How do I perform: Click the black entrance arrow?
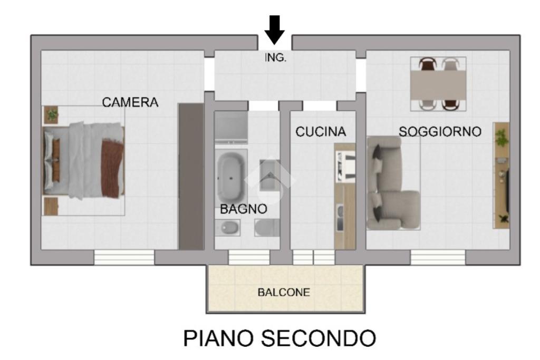tap(274, 30)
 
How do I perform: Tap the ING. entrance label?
tap(275, 57)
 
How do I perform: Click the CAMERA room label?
tap(130, 102)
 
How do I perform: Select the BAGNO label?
tap(244, 209)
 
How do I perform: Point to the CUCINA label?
tap(321, 131)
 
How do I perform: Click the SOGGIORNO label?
tap(440, 131)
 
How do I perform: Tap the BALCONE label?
tap(284, 292)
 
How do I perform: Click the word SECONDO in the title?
tap(319, 338)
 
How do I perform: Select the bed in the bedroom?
tap(83, 161)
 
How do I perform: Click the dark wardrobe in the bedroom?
tap(191, 177)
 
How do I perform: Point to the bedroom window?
tap(124, 257)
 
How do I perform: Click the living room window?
tap(438, 257)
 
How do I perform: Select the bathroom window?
tap(249, 257)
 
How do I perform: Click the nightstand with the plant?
tap(51, 114)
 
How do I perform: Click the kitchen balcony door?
tap(313, 257)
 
